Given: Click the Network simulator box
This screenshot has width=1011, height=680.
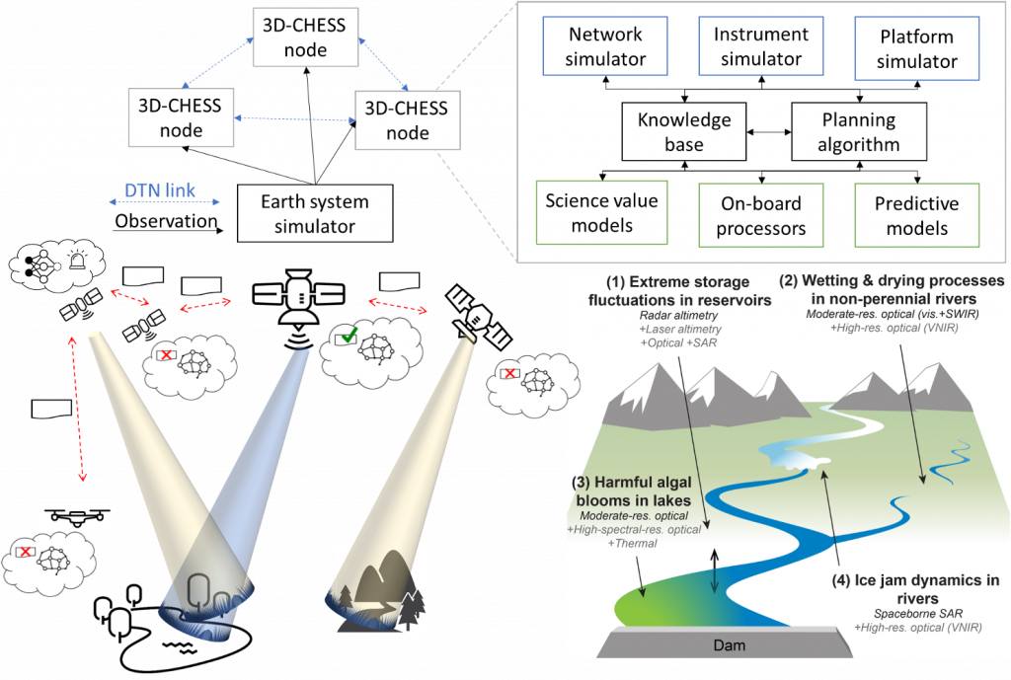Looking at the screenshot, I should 606,47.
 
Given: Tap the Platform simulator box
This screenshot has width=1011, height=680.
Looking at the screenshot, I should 917,48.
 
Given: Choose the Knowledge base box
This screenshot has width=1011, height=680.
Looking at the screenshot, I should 683,132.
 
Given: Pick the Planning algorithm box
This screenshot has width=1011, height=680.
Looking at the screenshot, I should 860,132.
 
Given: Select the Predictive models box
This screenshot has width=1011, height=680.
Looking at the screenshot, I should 916,215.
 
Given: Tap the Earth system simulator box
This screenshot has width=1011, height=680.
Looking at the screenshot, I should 315,213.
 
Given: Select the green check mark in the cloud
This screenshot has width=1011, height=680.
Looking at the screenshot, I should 348,339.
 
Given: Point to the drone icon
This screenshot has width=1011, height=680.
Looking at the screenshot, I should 76,516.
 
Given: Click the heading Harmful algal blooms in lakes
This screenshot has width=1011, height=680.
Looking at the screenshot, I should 632,491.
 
